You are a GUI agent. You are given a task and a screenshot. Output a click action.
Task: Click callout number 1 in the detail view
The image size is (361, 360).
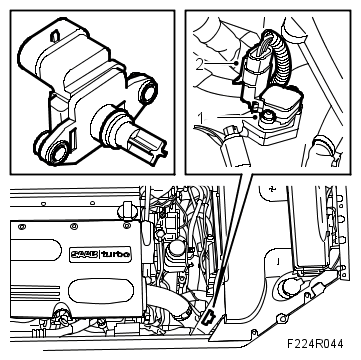tap(200, 118)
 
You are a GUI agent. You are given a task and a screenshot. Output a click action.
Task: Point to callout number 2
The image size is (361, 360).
tap(199, 64)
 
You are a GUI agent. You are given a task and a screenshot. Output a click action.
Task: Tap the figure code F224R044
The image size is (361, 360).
tap(315, 344)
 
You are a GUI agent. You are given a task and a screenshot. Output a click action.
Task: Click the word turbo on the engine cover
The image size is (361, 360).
tap(116, 254)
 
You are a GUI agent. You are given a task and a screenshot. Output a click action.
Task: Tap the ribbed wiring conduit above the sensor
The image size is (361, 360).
tap(282, 60)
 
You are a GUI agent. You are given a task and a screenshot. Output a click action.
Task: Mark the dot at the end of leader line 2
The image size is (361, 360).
tap(236, 63)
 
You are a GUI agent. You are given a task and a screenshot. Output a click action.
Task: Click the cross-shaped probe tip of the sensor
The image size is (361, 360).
tap(148, 143)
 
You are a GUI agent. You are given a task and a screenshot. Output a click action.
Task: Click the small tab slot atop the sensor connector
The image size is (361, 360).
tap(55, 36)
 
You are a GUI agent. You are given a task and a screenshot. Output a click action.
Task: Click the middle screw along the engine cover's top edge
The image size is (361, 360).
tap(73, 227)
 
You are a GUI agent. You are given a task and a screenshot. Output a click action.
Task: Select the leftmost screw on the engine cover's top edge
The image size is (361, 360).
tap(22, 227)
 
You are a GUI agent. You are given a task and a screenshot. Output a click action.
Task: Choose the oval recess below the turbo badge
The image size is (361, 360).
tap(101, 291)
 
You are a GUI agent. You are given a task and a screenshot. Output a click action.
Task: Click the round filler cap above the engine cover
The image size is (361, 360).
tap(128, 210)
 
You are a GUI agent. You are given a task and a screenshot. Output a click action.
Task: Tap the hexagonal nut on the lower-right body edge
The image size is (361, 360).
tap(283, 319)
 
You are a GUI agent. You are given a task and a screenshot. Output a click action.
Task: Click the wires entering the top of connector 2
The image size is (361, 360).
tap(261, 48)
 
